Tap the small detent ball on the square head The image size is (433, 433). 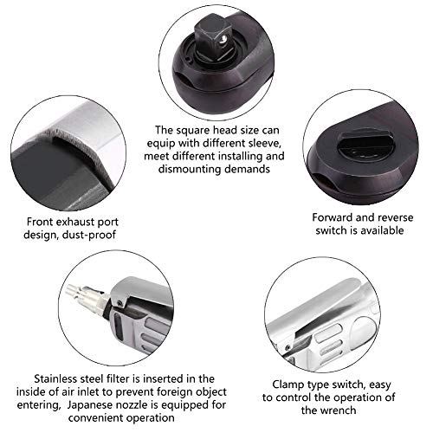point(222,41)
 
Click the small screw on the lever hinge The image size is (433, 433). point(120,302)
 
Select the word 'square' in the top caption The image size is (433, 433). point(194,131)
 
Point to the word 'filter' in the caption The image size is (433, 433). point(117,378)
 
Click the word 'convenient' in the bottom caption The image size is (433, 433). point(96,417)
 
